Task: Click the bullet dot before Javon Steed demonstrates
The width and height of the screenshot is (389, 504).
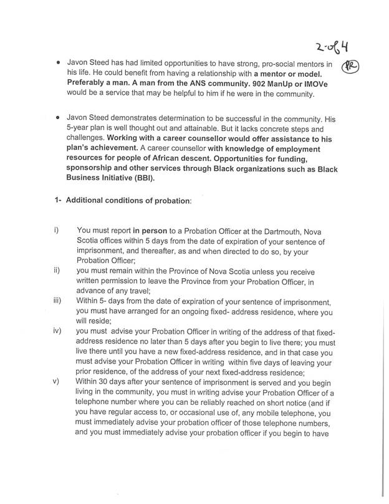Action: click(x=58, y=117)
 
